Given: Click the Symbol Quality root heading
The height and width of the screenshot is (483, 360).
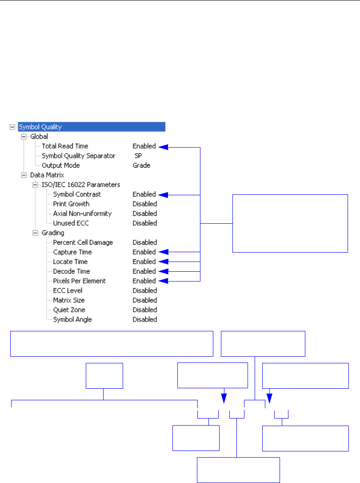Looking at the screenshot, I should [x=40, y=127].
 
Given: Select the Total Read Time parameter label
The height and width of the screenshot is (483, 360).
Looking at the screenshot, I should [x=65, y=146].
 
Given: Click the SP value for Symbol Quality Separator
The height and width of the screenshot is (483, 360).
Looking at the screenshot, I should [x=138, y=156].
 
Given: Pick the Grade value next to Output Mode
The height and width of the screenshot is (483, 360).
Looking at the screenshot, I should [x=141, y=165].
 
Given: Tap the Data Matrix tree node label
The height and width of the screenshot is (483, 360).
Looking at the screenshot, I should [x=45, y=175].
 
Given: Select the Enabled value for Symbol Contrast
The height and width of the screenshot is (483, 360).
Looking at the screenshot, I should [x=144, y=194].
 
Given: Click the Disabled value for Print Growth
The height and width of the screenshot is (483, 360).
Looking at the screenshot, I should [x=145, y=204].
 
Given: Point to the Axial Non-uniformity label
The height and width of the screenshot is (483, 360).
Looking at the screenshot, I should [x=82, y=213].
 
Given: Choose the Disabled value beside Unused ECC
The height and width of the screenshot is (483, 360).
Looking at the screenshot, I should [x=145, y=223].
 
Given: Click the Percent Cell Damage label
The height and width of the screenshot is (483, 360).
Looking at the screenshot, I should [x=83, y=242].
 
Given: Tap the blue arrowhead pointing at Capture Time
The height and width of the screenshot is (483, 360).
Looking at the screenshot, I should [x=163, y=252].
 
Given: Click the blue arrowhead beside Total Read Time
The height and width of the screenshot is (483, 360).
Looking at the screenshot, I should [x=163, y=146].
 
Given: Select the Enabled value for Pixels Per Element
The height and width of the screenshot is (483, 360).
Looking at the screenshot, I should [x=144, y=281].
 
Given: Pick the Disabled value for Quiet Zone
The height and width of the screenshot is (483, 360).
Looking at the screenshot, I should [x=145, y=310].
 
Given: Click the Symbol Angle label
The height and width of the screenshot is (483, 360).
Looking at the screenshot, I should [x=72, y=319].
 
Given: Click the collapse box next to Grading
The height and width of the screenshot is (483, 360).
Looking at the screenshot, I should [x=35, y=233].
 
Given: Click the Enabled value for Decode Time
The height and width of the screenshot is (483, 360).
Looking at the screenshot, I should [x=144, y=271].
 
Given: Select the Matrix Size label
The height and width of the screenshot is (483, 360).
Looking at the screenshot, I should [x=68, y=300].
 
